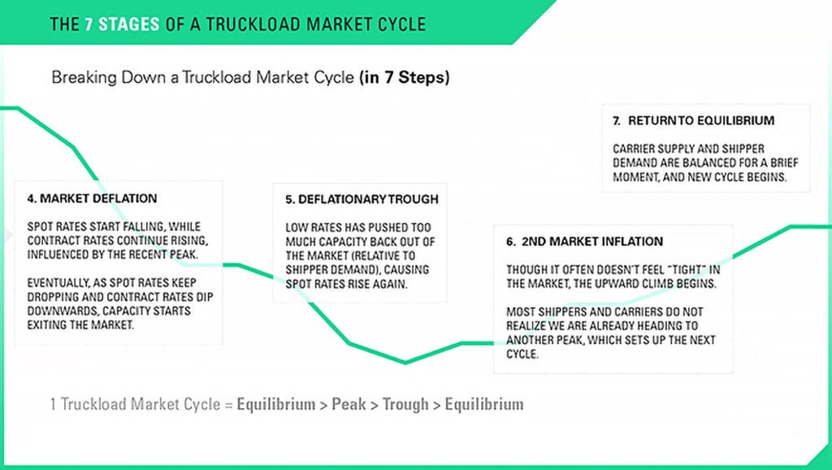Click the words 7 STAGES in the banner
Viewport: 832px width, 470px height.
click(x=122, y=24)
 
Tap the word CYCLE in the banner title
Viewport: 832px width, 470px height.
click(x=398, y=24)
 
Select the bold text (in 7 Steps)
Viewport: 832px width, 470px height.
click(x=404, y=78)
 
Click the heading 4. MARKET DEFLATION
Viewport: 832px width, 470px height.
click(x=92, y=198)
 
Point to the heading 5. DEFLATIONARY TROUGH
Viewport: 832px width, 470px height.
click(x=362, y=199)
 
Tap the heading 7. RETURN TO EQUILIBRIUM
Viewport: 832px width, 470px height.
click(x=693, y=120)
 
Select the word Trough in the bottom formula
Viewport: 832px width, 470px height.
click(x=405, y=404)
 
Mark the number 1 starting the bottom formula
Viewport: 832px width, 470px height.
click(x=53, y=404)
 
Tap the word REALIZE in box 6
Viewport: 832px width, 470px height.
click(x=527, y=325)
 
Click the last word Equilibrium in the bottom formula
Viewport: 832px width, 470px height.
click(x=484, y=404)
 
